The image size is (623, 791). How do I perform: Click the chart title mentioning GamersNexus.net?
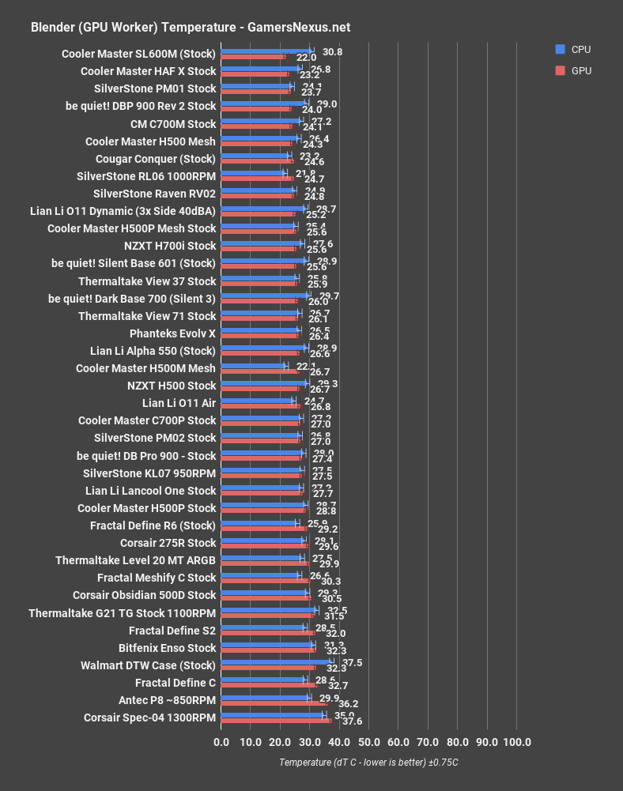[190, 27]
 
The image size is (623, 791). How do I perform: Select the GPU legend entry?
[580, 70]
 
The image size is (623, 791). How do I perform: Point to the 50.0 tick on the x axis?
[369, 742]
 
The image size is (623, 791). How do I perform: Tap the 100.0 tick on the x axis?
[517, 742]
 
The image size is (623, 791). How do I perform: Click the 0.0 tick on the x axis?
[221, 742]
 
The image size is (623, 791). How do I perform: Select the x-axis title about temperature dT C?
[368, 763]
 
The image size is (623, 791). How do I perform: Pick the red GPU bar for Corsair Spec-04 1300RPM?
[277, 721]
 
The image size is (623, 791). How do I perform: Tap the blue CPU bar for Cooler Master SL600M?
[266, 51]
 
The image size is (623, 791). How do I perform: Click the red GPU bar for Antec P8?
[274, 703]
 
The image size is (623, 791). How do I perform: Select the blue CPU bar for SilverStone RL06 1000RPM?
[253, 173]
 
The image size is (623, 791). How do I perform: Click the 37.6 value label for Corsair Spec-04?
[352, 721]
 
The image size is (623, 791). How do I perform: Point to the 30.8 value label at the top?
[333, 51]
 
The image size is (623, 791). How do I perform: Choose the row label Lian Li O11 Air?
[179, 403]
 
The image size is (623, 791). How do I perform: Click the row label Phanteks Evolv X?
[172, 333]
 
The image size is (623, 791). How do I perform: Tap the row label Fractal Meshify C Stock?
[157, 578]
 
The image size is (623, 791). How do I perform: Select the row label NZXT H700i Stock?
[170, 246]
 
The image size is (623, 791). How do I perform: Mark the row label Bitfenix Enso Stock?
[167, 647]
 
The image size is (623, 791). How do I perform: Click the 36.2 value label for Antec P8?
[349, 703]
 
